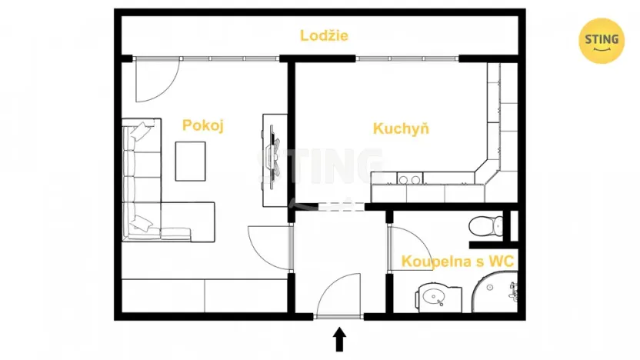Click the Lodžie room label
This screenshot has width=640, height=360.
[x=324, y=35]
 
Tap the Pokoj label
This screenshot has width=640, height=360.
[x=202, y=126]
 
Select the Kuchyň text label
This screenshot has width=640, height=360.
[x=401, y=128]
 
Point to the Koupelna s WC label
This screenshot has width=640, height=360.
[x=458, y=262]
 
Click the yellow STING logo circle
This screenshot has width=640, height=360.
[x=602, y=41]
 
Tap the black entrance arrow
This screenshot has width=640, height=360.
[x=338, y=338]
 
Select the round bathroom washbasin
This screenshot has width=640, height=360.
[x=430, y=296]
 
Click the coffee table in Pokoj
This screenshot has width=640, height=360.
[x=191, y=161]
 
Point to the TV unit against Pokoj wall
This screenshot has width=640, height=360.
[x=274, y=160]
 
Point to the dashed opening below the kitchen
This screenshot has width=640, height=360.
[x=331, y=206]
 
